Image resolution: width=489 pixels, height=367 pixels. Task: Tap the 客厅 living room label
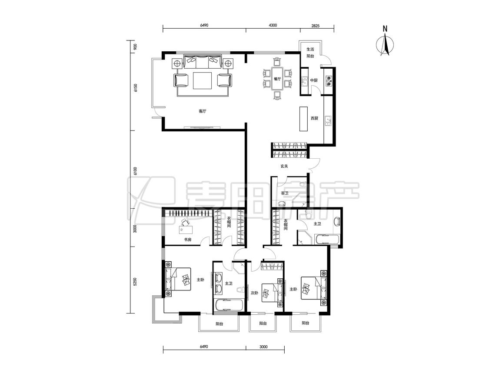(203, 111)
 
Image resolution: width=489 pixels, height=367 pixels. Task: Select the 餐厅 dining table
(277, 79)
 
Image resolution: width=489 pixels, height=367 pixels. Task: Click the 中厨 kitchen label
(314, 80)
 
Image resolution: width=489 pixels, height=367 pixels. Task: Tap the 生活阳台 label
(310, 53)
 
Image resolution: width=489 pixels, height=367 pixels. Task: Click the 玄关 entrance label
(284, 167)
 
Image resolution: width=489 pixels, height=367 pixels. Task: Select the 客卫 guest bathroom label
(285, 193)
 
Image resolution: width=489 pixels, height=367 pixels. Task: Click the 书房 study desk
(186, 230)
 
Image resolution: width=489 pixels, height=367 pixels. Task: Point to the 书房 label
(187, 240)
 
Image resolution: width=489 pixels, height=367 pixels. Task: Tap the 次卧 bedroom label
(255, 293)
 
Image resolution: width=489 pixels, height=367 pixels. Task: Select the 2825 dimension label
(315, 26)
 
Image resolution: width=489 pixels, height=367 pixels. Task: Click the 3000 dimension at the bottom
(263, 347)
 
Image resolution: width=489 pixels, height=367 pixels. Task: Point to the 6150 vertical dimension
(135, 88)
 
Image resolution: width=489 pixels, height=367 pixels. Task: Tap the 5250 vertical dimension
(135, 282)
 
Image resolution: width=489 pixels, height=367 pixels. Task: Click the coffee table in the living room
(203, 80)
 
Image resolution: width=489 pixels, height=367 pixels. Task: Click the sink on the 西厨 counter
(328, 121)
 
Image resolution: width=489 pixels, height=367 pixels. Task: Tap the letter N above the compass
(385, 29)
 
